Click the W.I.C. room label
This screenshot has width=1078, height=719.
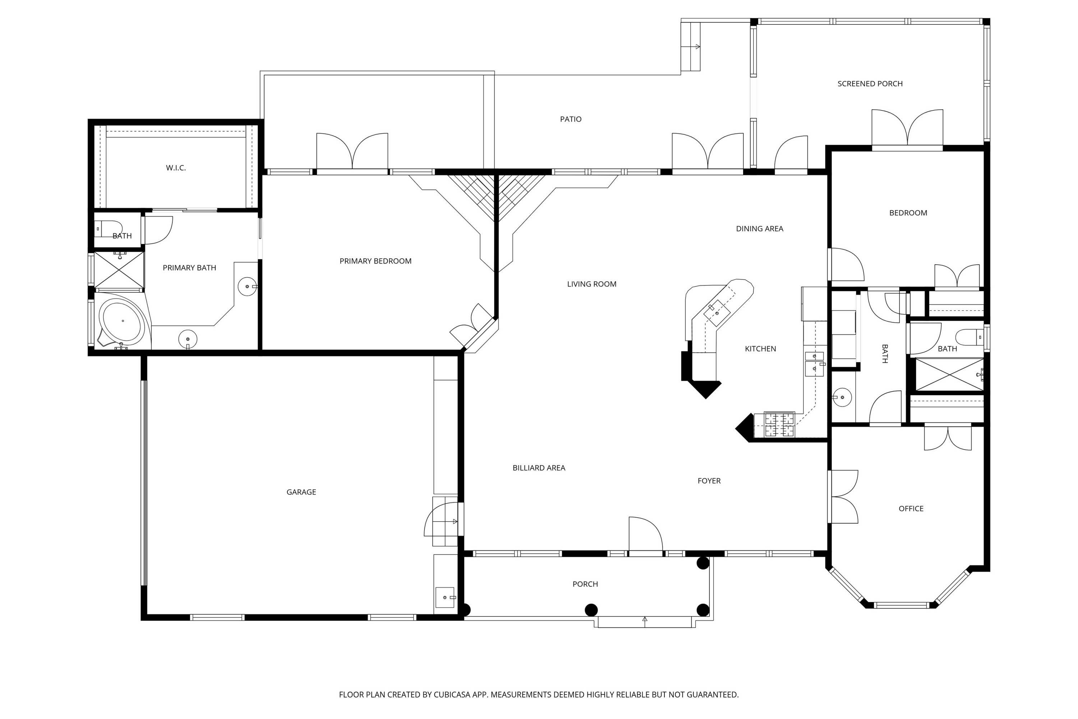176,168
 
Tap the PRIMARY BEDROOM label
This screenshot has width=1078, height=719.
376,261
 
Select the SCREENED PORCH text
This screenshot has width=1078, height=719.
870,83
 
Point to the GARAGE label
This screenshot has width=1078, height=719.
301,492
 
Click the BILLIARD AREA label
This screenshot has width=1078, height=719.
539,468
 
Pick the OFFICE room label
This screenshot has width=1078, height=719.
911,509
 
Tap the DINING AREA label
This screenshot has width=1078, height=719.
760,228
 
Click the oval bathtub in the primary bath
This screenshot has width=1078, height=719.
123,321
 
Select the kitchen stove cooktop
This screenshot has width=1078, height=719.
779,425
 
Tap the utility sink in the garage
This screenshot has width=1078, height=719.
444,597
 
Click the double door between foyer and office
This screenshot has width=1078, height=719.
843,496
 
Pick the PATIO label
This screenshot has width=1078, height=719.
571,119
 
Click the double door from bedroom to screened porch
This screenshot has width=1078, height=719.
907,128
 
